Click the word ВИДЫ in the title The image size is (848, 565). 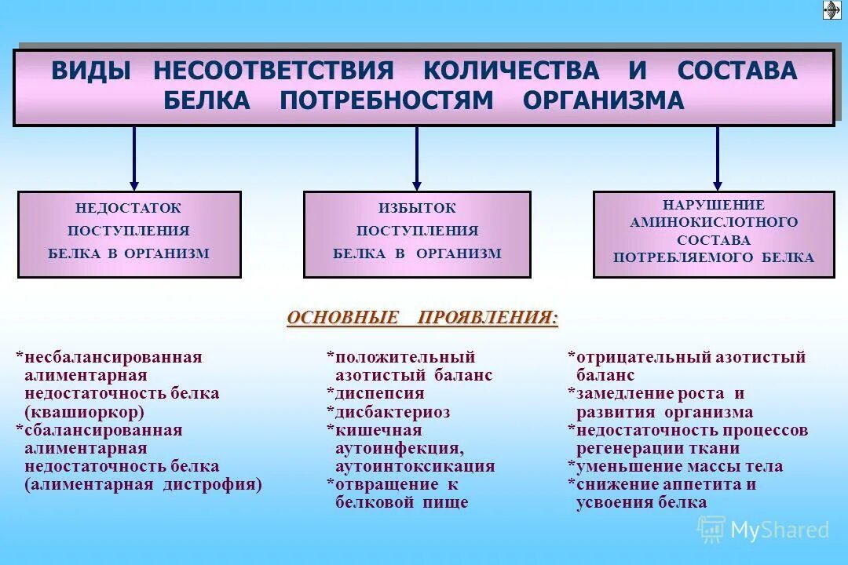tap(91, 71)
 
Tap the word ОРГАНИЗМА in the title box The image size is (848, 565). tap(603, 100)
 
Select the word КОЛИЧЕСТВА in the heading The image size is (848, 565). tap(511, 71)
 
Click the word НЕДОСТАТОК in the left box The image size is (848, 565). tap(128, 209)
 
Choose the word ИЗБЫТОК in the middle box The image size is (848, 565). tap(417, 209)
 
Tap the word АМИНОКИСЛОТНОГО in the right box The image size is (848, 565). tap(714, 223)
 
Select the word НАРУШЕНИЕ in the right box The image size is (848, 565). tap(714, 205)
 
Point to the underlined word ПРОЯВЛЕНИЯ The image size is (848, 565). tap(488, 318)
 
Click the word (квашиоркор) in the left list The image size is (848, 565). tap(84, 412)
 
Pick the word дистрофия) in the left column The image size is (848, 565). tap(212, 484)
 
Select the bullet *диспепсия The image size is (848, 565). tap(375, 394)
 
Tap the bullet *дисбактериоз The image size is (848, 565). tap(388, 412)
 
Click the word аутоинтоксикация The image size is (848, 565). tap(415, 466)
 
